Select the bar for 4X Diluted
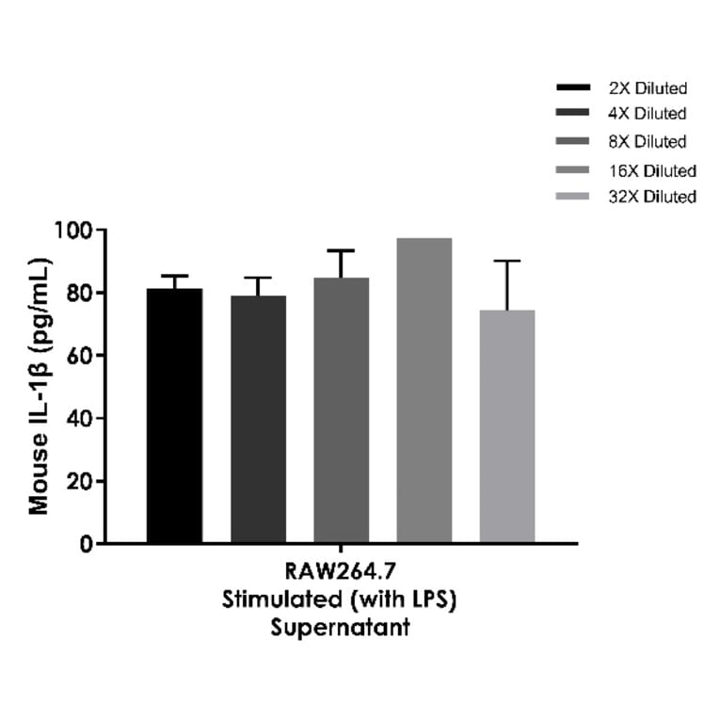[x=258, y=420]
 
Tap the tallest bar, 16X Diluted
[x=423, y=391]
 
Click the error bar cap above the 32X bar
[x=507, y=261]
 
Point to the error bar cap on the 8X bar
[x=342, y=250]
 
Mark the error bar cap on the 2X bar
[x=174, y=276]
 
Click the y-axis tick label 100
[x=72, y=231]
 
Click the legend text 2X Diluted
[x=647, y=88]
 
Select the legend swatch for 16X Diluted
[x=573, y=170]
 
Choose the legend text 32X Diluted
[x=652, y=197]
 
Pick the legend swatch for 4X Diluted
[x=573, y=114]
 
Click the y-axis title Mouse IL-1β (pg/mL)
[x=39, y=386]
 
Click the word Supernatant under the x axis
[x=340, y=628]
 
